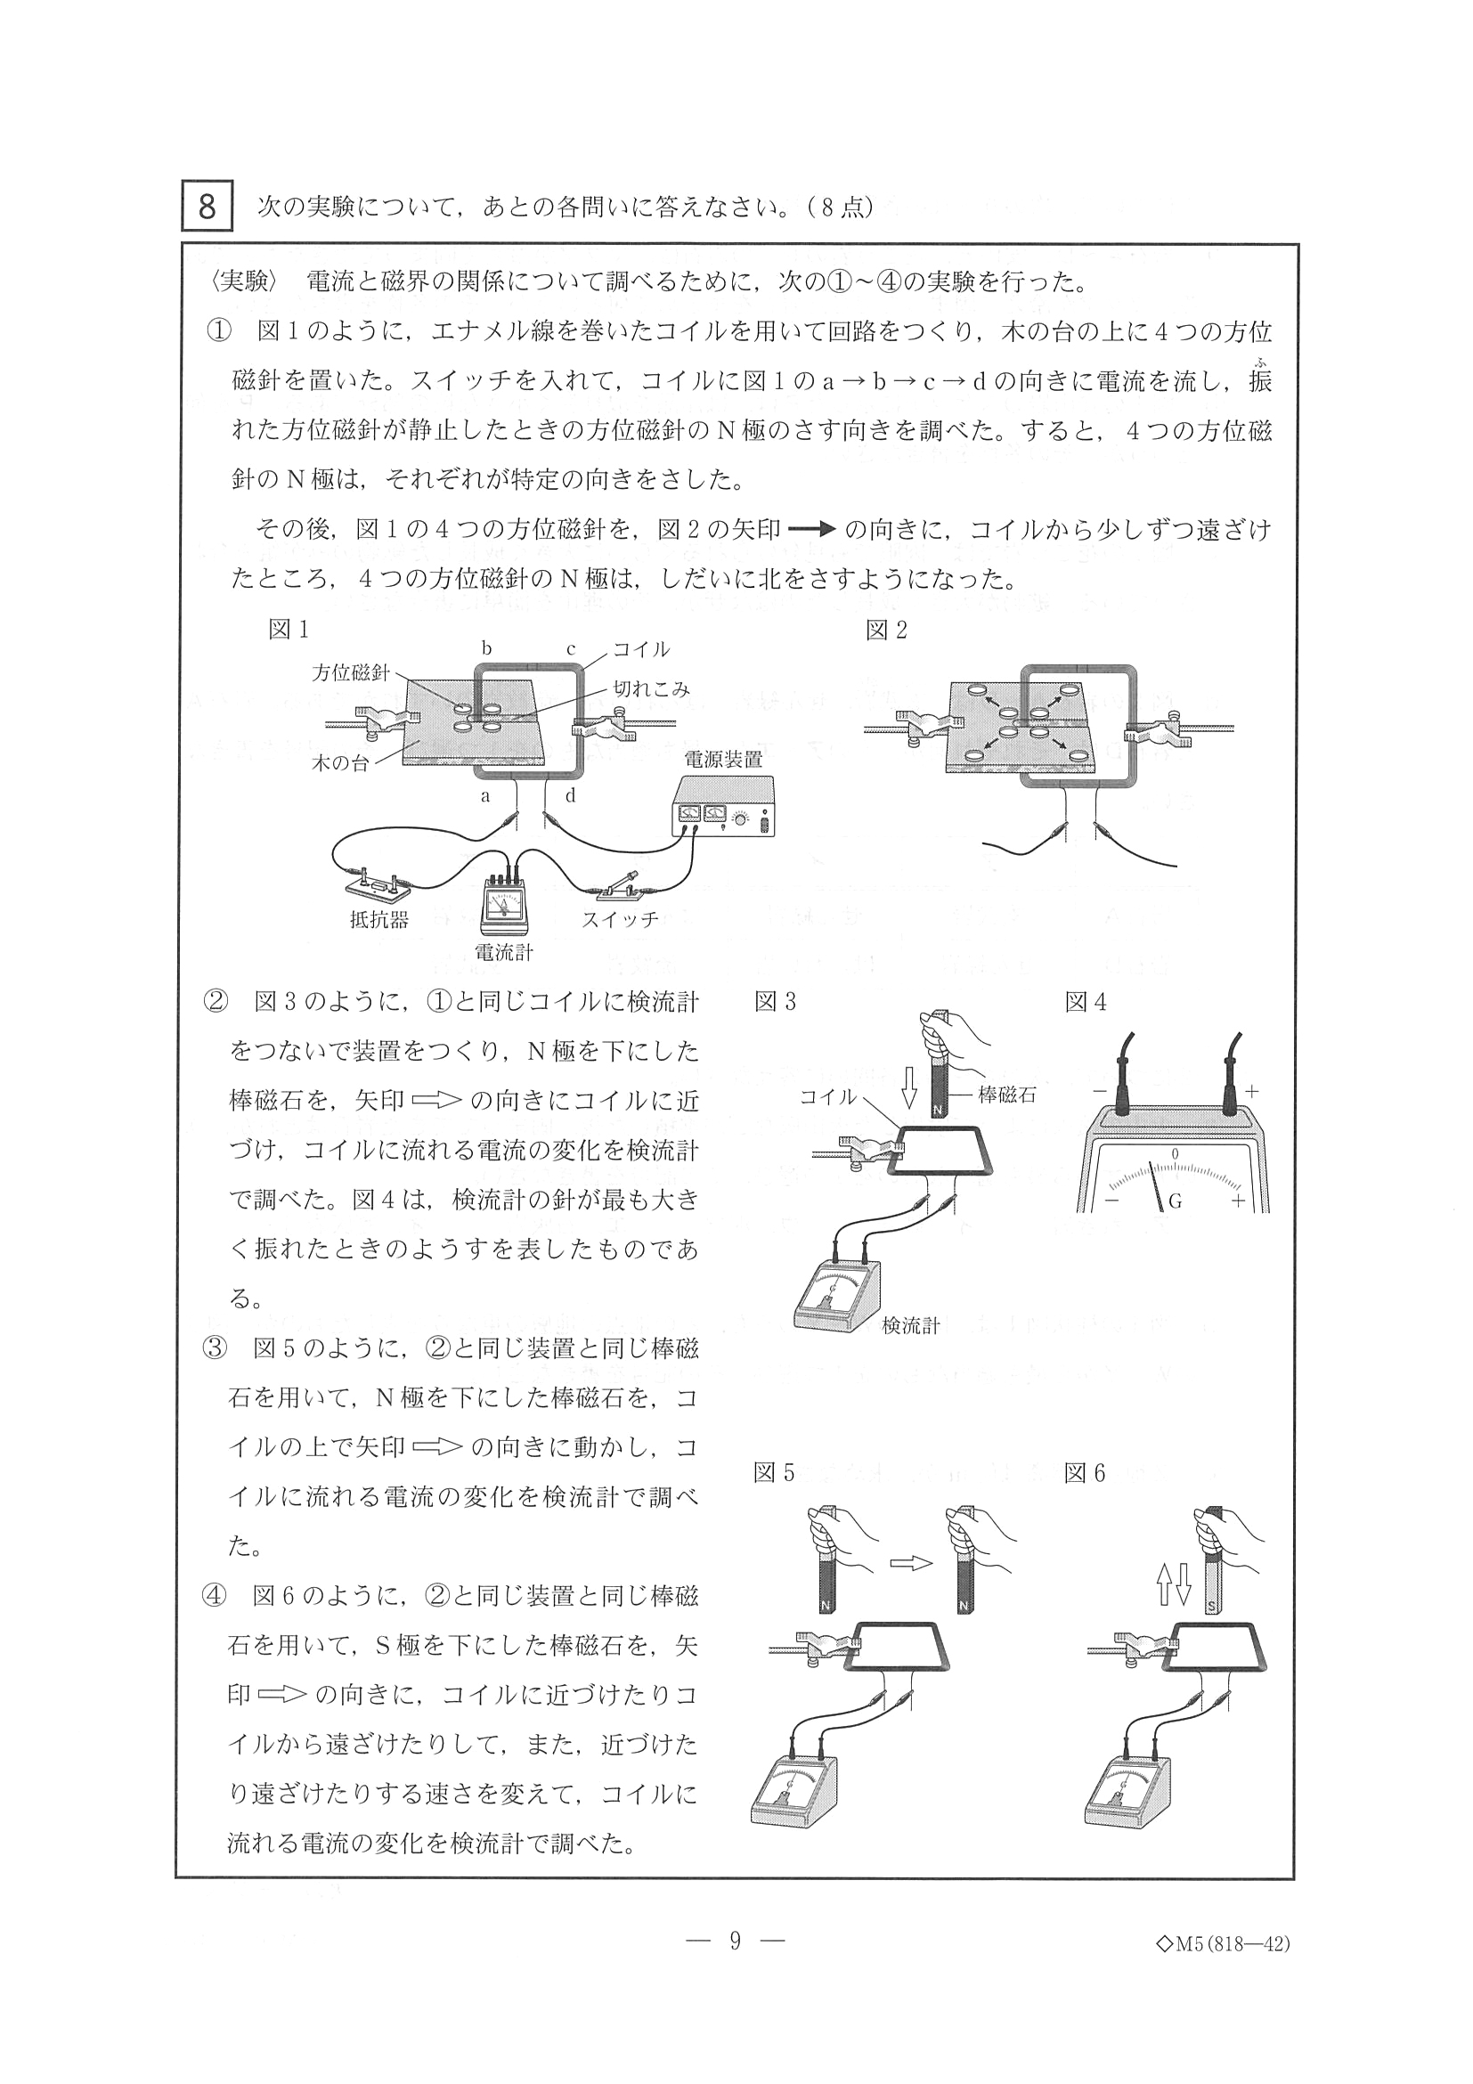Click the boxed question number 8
click(x=207, y=207)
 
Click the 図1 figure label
click(x=289, y=630)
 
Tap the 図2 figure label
click(x=886, y=630)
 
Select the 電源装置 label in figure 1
click(x=722, y=760)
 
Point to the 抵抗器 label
click(x=378, y=919)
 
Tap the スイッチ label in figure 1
click(x=620, y=918)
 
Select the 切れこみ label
click(x=651, y=689)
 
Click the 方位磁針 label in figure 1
click(x=351, y=672)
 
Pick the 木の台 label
click(x=340, y=763)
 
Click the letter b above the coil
click(x=486, y=649)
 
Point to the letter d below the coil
click(x=570, y=796)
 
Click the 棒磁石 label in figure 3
click(x=1006, y=1095)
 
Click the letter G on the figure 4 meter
click(x=1175, y=1201)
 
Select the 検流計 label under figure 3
click(x=910, y=1326)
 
